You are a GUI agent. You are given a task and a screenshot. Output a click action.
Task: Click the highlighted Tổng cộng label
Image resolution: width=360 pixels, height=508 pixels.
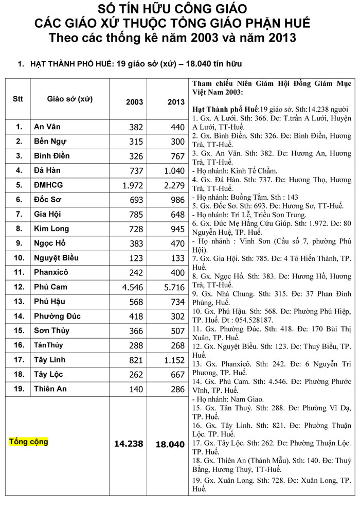[29, 442]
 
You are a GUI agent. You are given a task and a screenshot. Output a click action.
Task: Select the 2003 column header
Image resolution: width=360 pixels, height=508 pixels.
[135, 102]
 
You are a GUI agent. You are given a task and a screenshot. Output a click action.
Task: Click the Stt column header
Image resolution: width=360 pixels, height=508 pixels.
[18, 98]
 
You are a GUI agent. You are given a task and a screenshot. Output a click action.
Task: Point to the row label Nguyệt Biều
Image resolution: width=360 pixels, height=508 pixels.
[56, 258]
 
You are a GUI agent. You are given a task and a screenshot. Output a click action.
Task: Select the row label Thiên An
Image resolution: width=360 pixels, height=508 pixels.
[50, 389]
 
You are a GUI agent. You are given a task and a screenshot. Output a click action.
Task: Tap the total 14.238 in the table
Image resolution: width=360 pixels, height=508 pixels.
[129, 444]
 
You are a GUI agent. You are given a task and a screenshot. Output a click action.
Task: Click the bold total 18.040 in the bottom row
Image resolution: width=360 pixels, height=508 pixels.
[170, 444]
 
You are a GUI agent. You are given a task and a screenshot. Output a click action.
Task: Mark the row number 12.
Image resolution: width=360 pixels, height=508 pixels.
[19, 287]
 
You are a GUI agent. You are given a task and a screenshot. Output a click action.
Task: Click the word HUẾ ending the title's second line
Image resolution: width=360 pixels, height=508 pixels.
[298, 24]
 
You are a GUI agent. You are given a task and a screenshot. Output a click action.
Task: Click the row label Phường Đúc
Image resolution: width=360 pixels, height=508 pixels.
[57, 316]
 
